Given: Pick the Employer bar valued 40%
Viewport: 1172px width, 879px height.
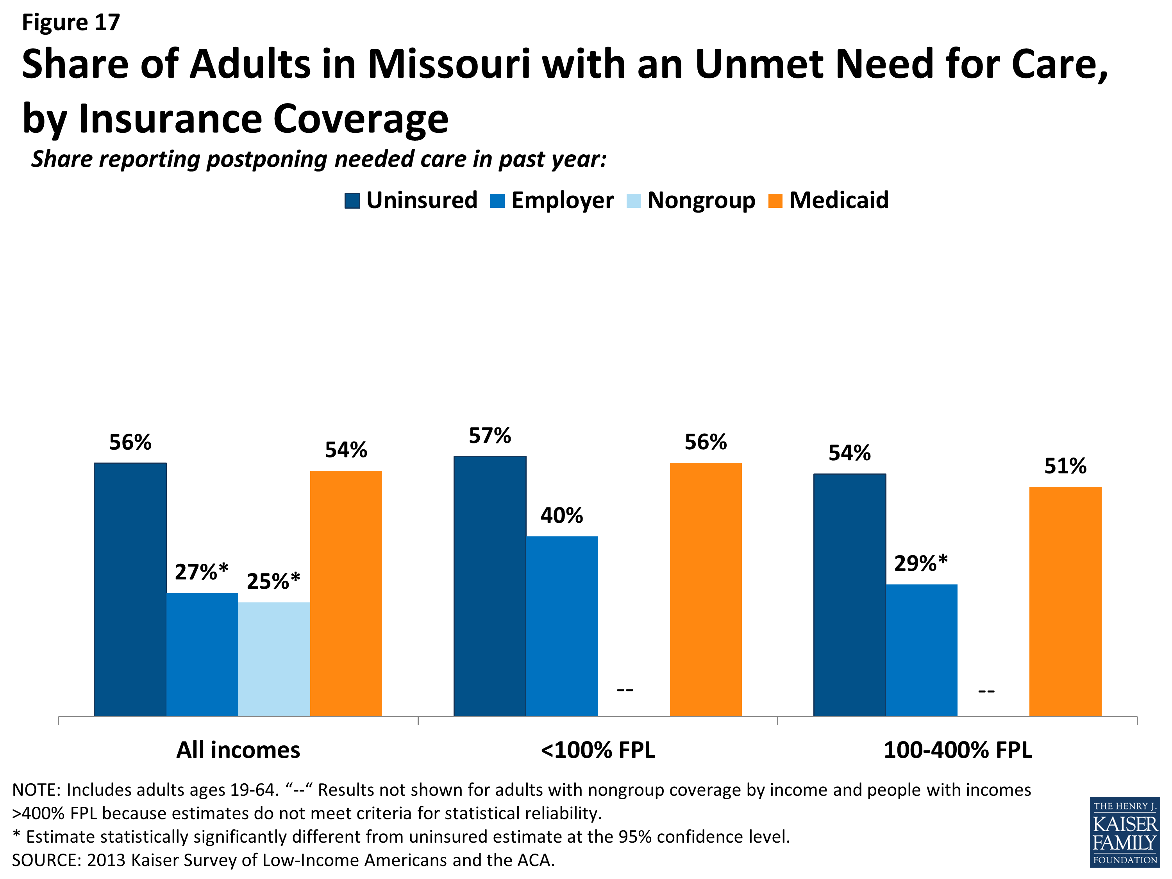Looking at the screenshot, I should click(562, 626).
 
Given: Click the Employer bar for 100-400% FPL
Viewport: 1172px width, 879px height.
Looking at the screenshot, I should click(921, 650).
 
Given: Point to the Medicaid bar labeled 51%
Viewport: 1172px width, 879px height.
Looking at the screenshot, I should click(1065, 601).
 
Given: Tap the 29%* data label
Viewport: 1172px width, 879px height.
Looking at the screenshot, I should click(921, 563).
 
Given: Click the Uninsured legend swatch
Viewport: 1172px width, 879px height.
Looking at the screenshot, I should click(352, 201).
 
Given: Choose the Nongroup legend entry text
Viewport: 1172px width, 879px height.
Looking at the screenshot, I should click(701, 201).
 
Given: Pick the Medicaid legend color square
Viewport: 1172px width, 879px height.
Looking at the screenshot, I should click(775, 201).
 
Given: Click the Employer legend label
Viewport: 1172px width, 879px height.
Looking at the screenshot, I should click(562, 201).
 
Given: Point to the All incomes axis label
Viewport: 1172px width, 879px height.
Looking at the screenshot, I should click(238, 750).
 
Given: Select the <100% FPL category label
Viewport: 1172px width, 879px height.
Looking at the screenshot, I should click(598, 750).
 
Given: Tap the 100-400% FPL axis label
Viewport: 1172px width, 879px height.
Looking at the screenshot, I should click(958, 750).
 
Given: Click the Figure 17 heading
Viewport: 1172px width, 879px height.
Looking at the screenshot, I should click(71, 22).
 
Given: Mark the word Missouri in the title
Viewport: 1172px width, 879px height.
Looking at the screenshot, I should click(449, 64).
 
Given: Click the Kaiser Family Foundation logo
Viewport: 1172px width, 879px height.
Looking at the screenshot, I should click(1125, 833).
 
